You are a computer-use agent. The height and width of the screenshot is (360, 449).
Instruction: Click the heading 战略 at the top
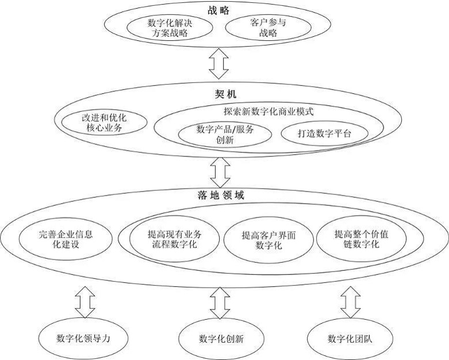coord(218,10)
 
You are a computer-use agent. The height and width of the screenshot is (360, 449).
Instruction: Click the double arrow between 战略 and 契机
coord(218,64)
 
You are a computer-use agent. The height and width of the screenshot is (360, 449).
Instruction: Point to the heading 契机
coord(225,94)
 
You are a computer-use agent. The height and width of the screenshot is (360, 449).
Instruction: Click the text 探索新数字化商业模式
coord(268,111)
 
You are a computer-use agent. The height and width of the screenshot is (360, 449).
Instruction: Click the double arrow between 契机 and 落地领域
coord(220,173)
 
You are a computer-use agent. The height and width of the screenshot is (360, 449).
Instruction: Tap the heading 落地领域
coord(221,195)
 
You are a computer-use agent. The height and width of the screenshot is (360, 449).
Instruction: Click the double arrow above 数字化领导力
coord(85,302)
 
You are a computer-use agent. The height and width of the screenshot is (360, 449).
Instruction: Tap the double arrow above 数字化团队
coord(350,302)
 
